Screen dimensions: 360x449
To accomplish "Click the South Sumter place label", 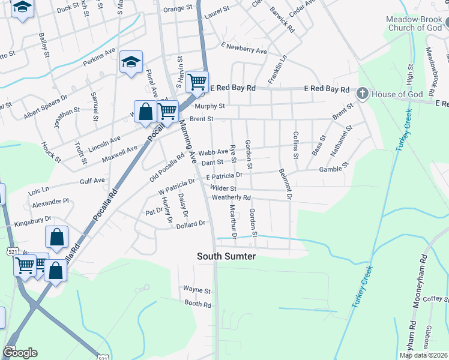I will point(227,256).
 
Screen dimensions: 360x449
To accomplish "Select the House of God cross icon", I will point(361,94).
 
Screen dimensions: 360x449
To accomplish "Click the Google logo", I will point(20,352).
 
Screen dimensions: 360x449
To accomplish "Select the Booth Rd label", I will point(198,305).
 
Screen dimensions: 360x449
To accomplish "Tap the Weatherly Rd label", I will point(231,197).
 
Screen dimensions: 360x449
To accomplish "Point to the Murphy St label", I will point(207,106).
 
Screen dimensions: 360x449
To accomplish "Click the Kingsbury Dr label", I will point(34,220).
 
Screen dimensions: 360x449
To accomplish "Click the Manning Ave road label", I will point(187,142).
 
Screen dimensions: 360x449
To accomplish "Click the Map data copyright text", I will point(422,355).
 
